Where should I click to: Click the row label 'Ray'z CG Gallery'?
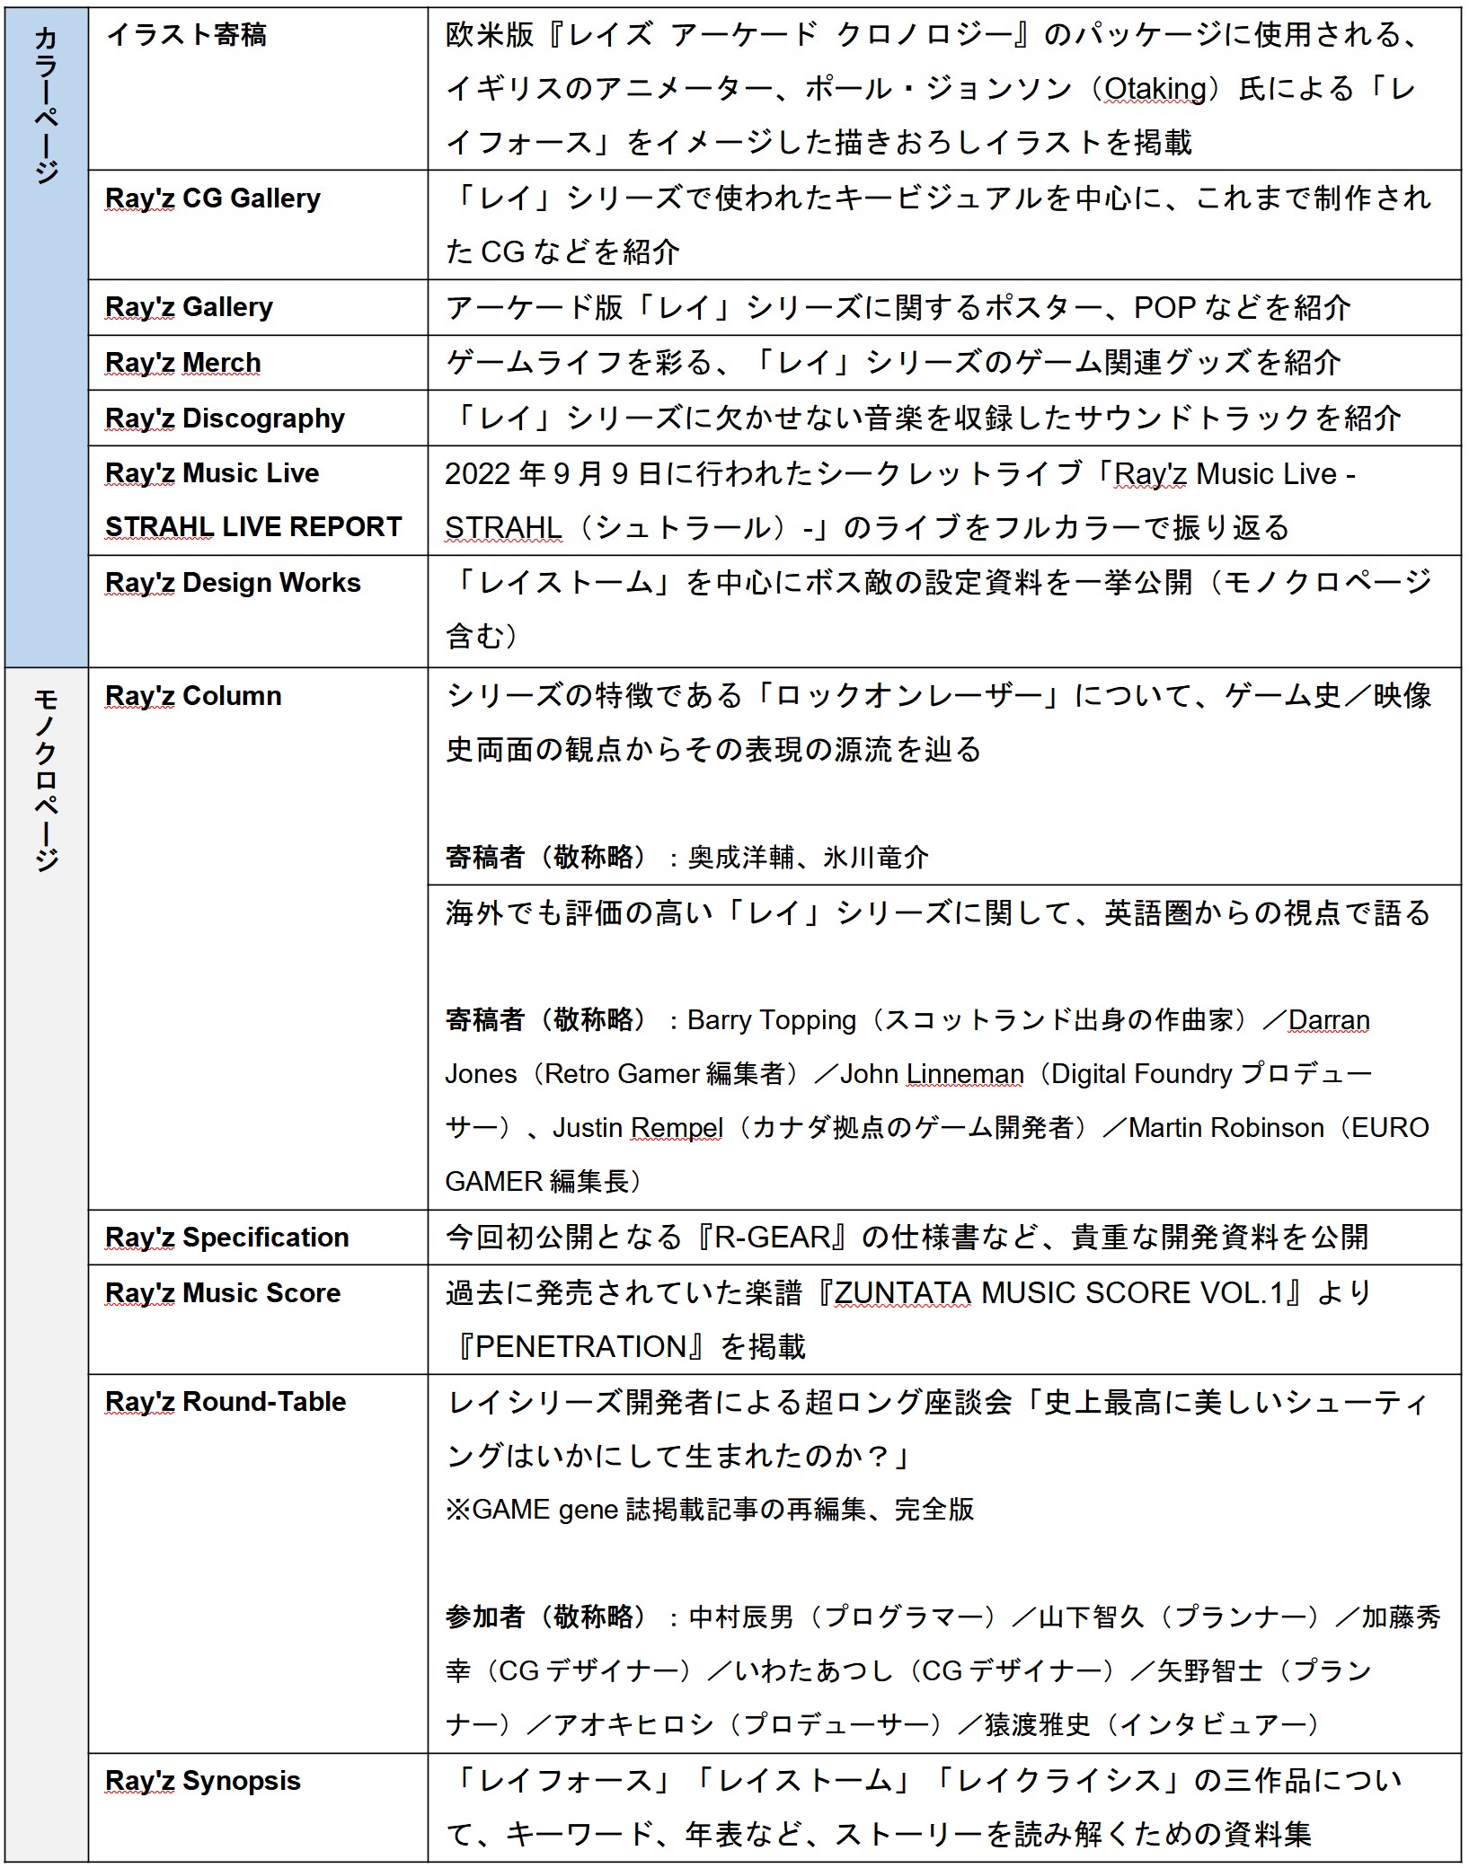tap(212, 198)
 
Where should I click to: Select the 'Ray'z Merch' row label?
tap(183, 363)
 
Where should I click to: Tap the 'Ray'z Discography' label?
tap(225, 419)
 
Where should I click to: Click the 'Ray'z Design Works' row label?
tap(233, 583)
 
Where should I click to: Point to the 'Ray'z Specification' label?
tap(226, 1238)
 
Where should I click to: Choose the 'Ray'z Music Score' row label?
tap(223, 1293)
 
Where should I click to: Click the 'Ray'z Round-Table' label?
tap(226, 1402)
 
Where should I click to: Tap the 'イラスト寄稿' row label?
tap(186, 35)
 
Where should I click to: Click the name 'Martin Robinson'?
tap(1226, 1128)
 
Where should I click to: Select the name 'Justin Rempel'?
tap(637, 1128)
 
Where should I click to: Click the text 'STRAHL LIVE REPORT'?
tap(253, 527)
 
